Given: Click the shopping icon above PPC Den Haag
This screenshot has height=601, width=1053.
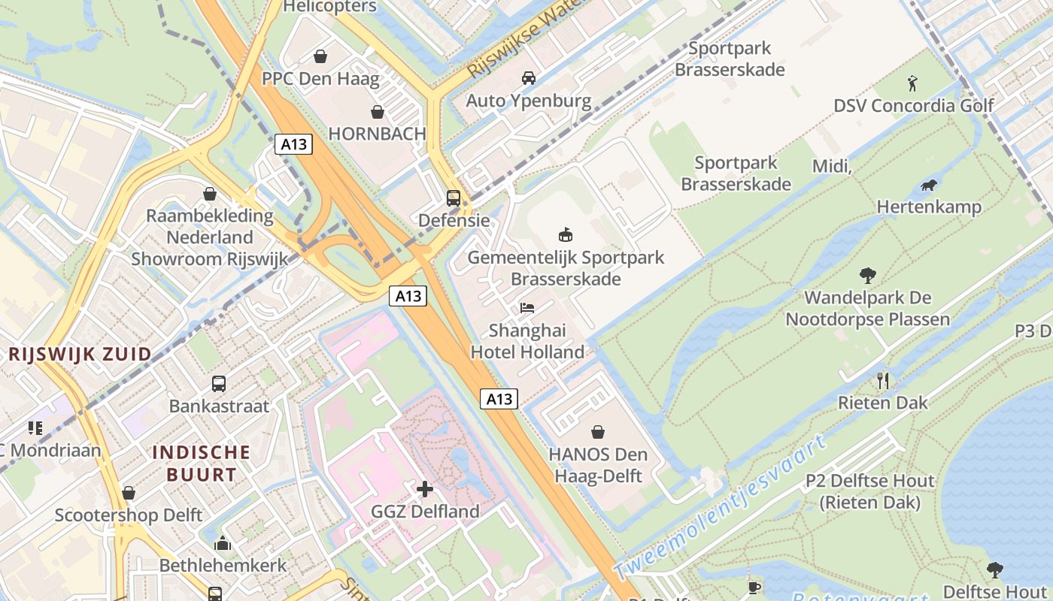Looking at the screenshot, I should pos(320,56).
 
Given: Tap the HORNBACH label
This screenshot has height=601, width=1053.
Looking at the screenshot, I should pos(377,134).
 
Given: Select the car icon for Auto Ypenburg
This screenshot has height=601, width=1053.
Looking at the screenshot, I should pos(529,78).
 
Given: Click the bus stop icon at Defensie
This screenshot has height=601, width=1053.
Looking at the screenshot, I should pos(454,198).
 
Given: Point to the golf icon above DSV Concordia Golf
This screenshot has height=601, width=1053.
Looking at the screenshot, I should pos(913,83).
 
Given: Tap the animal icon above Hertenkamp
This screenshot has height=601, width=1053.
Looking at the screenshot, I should pos(929,185).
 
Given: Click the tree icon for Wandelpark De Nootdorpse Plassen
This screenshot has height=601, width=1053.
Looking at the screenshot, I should pos(868,276).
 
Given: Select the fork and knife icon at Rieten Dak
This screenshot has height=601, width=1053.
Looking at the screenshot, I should pos(883,381).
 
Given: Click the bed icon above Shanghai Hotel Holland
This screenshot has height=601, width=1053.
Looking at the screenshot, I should pos(527,308).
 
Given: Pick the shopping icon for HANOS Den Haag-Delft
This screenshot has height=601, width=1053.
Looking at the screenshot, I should pos(598,432).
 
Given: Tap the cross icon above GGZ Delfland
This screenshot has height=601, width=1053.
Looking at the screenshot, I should pos(425,490).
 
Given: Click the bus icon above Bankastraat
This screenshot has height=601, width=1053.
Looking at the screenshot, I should pos(219,384).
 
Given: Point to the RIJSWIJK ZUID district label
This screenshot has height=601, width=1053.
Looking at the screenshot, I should pos(80,354).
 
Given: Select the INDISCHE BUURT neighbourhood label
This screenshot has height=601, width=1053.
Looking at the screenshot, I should pos(202,463).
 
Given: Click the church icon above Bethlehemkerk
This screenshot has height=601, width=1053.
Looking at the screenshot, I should pos(223,543).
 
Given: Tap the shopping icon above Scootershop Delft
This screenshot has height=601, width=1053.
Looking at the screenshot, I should pos(129,493).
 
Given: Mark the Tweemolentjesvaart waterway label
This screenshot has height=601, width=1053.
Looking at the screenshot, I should pos(721,507).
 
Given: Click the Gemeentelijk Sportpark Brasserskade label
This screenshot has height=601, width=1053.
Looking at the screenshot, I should pos(566,268).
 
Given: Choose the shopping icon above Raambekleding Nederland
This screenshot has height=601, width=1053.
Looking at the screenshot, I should pos(210,194).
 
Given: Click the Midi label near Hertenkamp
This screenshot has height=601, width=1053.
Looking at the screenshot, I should pos(832,166).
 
